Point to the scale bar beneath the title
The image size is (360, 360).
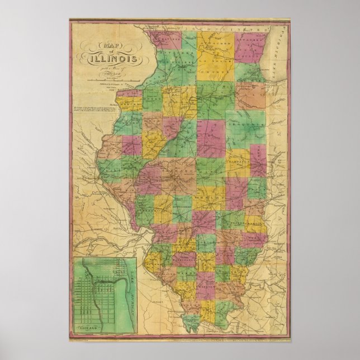coord(115,79)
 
